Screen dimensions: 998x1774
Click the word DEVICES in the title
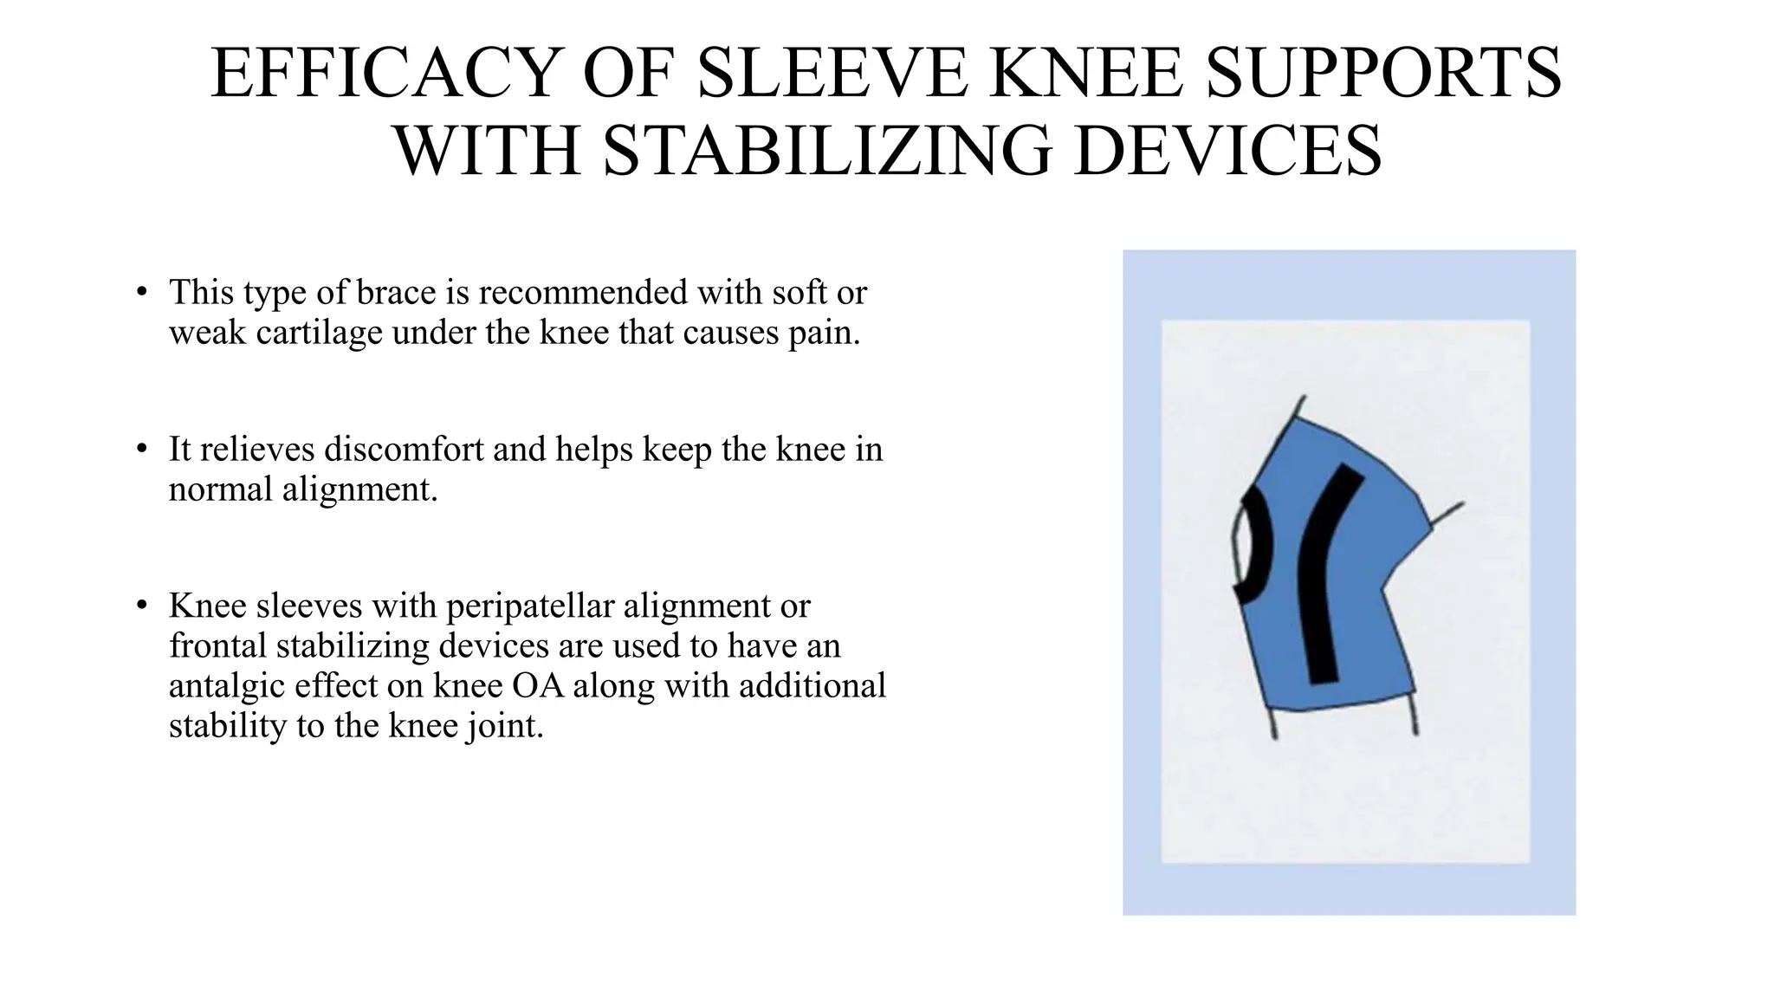(x=1227, y=151)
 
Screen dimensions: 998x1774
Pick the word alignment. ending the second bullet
(x=359, y=489)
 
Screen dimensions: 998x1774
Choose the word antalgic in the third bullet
(x=226, y=686)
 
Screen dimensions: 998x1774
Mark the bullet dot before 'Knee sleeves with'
(x=142, y=605)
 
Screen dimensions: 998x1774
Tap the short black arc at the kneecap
(x=1257, y=546)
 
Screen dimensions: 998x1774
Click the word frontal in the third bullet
(x=213, y=646)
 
